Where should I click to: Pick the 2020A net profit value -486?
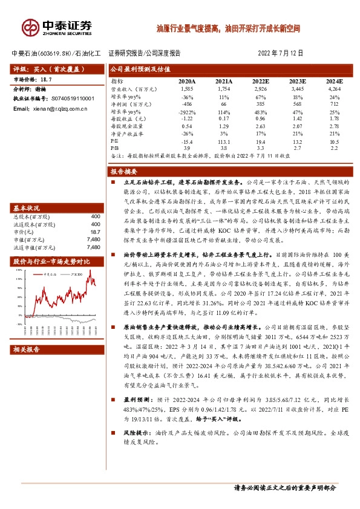[x=187, y=104]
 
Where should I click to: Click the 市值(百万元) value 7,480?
[x=93, y=239]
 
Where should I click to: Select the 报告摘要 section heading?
[x=126, y=172]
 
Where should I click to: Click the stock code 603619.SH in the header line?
[x=56, y=53]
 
